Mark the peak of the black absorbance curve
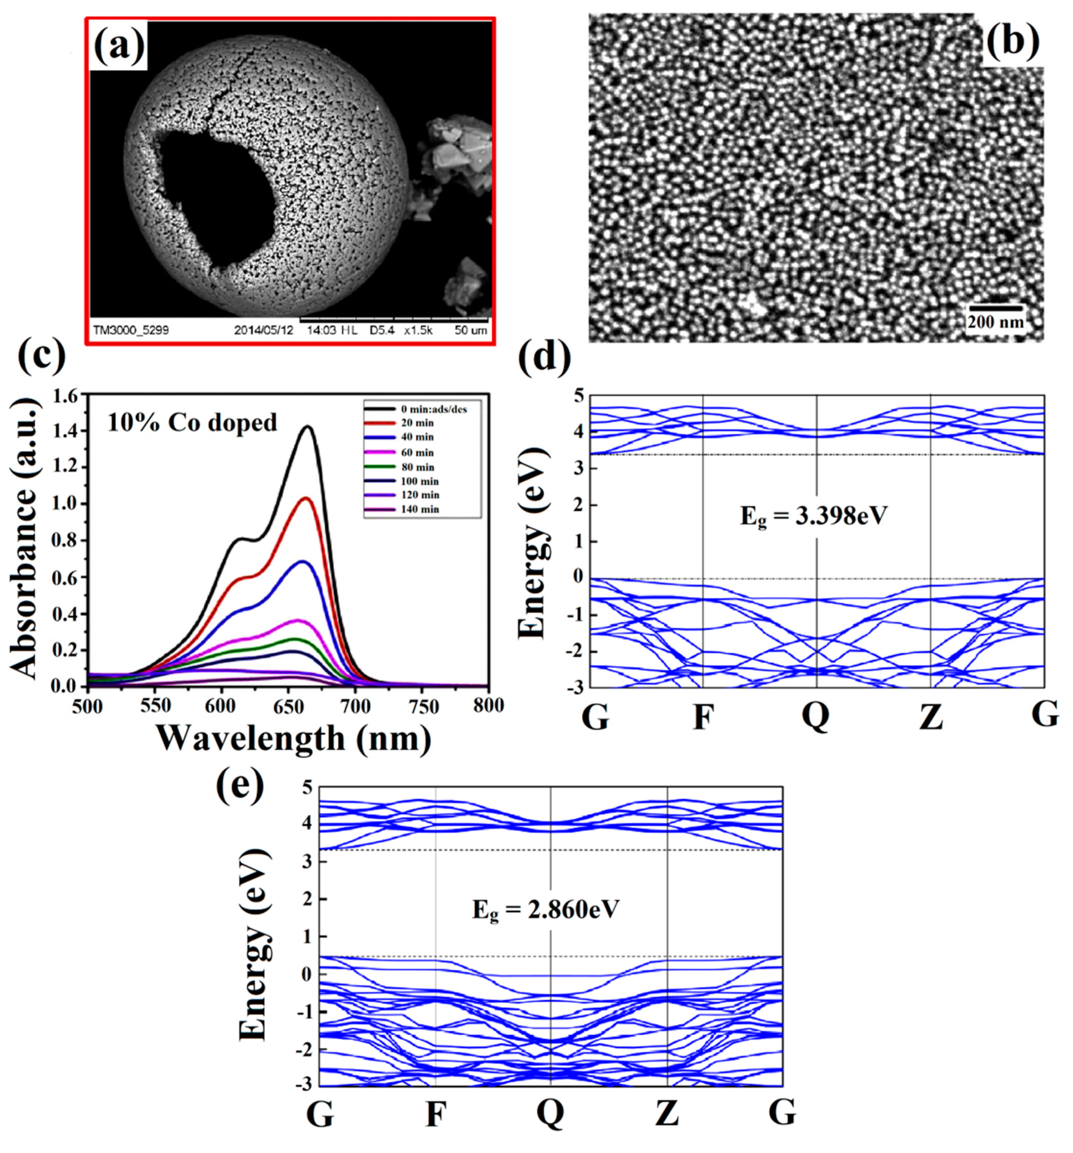pos(308,428)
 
